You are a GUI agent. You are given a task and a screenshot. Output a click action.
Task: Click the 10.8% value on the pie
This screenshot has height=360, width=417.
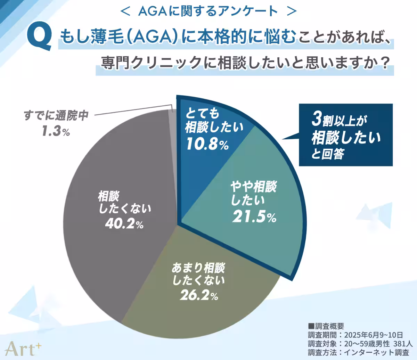click(x=207, y=144)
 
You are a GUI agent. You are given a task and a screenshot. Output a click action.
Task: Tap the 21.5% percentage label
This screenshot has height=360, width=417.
click(x=254, y=217)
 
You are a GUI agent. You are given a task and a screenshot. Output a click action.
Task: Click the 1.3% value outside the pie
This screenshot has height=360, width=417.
click(x=56, y=131)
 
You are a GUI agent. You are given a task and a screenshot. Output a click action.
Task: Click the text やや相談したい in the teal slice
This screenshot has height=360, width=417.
click(x=253, y=193)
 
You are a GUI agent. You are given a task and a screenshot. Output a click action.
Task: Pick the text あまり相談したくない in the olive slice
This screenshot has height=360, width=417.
click(x=198, y=274)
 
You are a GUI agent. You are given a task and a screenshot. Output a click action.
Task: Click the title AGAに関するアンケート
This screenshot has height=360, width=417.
click(x=208, y=11)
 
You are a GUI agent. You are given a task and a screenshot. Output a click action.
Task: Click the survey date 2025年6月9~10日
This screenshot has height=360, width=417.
click(x=374, y=335)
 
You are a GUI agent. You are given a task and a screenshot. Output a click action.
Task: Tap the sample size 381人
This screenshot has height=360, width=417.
click(x=403, y=344)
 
